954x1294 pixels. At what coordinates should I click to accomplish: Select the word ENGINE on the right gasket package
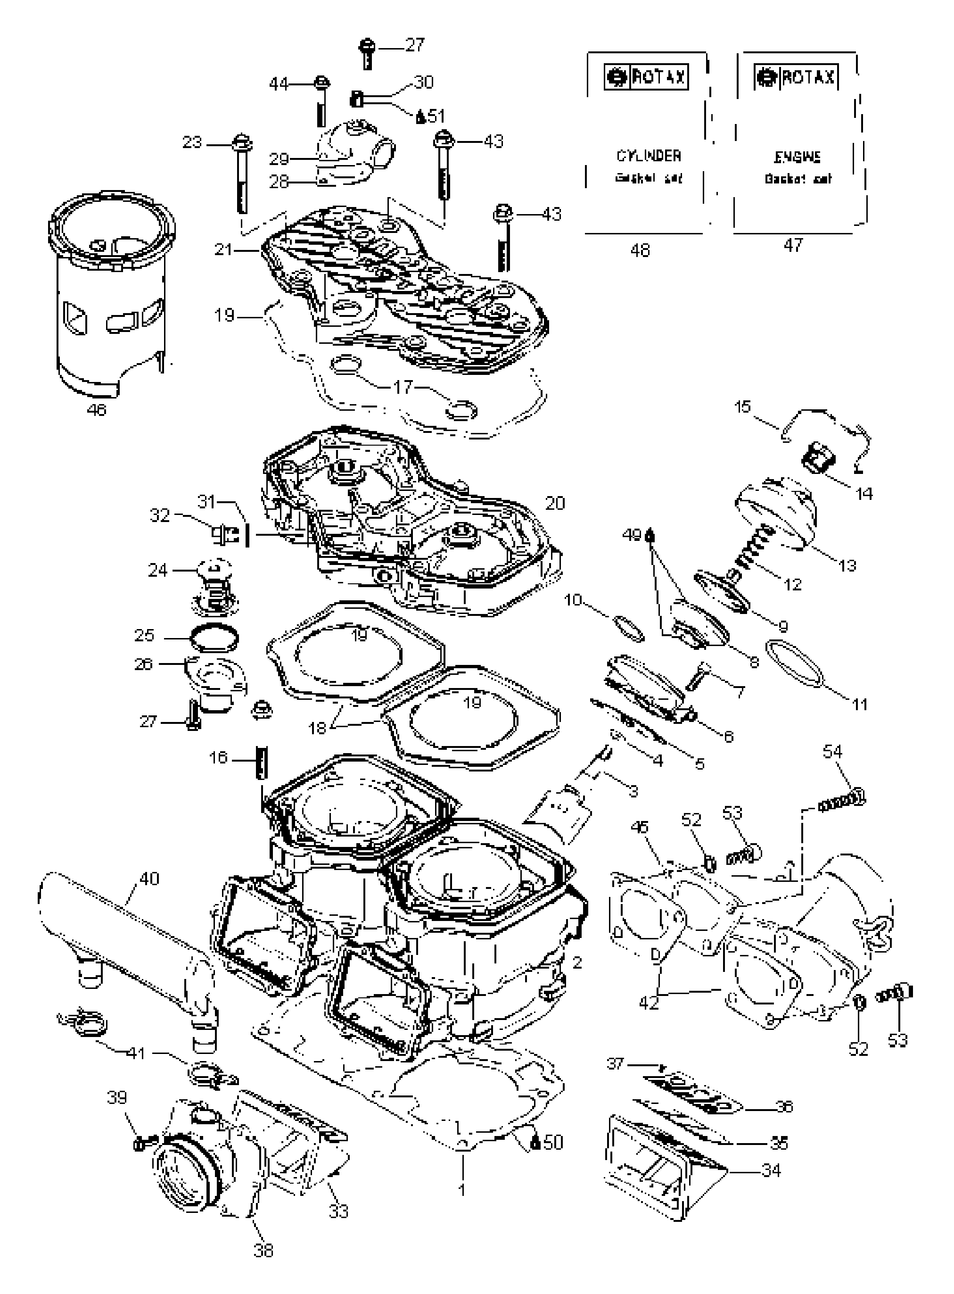coord(798,157)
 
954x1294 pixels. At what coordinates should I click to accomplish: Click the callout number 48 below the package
coord(641,250)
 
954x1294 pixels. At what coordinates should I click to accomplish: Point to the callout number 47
coord(793,245)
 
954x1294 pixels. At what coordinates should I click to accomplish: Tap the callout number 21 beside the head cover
coord(223,249)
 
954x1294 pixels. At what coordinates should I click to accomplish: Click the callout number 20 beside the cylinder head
coord(554,503)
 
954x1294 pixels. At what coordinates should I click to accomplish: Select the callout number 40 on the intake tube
coord(149,879)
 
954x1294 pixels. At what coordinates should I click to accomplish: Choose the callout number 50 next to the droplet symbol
coord(552,1143)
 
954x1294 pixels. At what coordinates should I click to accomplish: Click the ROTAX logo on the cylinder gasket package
coord(646,77)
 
